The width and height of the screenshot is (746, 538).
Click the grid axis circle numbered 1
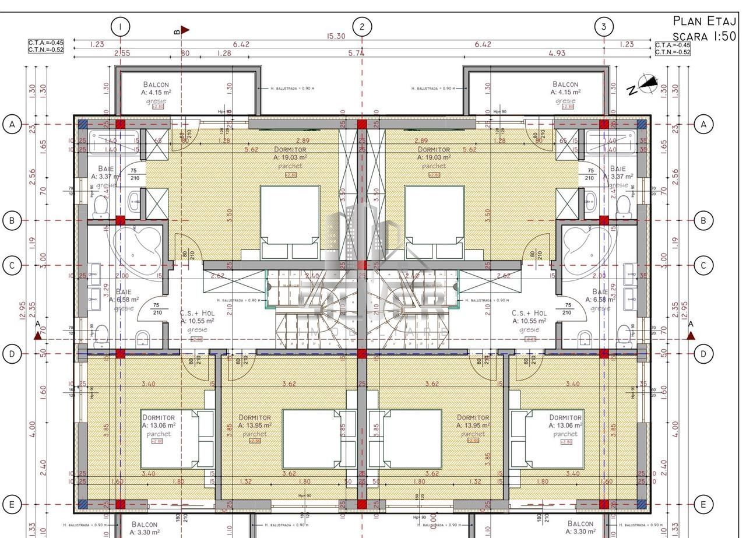click(x=120, y=27)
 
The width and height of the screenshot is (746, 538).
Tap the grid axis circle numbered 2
click(x=362, y=27)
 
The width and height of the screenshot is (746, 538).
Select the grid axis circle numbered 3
click(x=604, y=27)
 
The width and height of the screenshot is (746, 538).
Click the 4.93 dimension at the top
click(x=557, y=54)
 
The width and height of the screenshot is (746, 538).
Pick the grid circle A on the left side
click(x=12, y=124)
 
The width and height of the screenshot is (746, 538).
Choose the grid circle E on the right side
click(x=703, y=504)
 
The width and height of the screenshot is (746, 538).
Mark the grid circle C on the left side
click(x=12, y=266)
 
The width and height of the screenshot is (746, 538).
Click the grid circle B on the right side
click(x=703, y=221)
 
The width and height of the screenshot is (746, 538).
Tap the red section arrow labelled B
click(x=184, y=30)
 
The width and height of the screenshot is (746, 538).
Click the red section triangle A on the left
click(x=38, y=335)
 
